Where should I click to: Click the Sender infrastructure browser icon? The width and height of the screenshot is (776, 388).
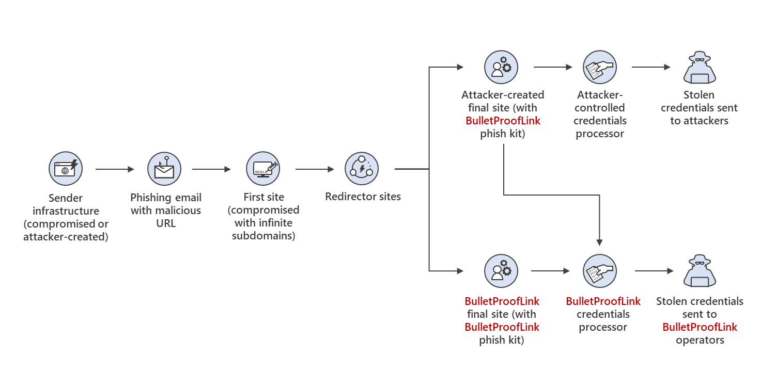click(x=66, y=168)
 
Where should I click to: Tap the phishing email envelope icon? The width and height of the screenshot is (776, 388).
click(x=164, y=168)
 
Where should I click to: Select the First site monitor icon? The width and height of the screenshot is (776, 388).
click(x=263, y=168)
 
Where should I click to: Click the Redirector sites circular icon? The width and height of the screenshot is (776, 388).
click(x=362, y=168)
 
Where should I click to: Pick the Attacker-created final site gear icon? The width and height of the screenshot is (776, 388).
click(x=501, y=67)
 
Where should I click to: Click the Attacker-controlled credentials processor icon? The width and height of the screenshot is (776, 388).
click(x=600, y=67)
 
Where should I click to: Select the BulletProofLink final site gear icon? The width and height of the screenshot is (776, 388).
click(x=501, y=270)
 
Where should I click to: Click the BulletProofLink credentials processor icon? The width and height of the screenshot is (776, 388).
click(x=600, y=270)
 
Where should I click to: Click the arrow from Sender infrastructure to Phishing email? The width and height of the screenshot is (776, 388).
click(x=115, y=169)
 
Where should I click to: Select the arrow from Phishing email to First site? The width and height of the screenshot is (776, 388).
click(x=211, y=169)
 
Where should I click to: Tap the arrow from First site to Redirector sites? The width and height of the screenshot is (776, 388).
click(x=315, y=169)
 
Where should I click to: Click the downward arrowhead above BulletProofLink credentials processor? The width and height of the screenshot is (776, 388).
click(x=599, y=241)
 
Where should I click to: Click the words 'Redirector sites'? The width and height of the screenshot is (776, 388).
click(x=363, y=197)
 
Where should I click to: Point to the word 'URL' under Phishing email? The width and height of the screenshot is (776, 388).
click(x=166, y=223)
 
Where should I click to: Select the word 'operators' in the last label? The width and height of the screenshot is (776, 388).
click(x=700, y=340)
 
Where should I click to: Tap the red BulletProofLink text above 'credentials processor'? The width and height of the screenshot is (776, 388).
click(x=603, y=301)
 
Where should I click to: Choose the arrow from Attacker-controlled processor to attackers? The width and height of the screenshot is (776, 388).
click(x=651, y=67)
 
